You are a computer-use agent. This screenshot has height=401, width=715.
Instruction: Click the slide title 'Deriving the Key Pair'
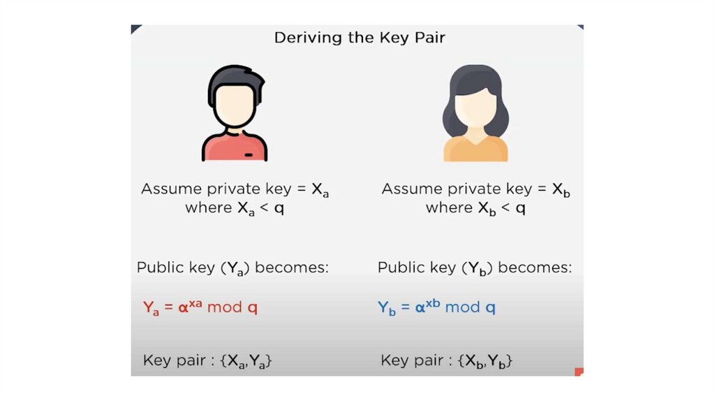tap(359, 37)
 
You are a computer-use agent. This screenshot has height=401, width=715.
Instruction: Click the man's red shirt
tap(221, 149)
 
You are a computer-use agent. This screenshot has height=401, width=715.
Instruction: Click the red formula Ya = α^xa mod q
tap(200, 307)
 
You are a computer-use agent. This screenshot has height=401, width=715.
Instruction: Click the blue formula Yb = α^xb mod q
tap(436, 307)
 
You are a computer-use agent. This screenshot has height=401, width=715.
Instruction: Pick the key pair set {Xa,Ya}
tap(245, 361)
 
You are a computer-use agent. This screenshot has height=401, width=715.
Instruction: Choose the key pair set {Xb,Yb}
tap(486, 361)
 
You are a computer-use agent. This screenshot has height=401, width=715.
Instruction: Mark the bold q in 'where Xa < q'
tap(279, 208)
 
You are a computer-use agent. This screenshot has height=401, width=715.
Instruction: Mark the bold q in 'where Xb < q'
tap(520, 208)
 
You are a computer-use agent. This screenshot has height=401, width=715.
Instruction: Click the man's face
tap(234, 105)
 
